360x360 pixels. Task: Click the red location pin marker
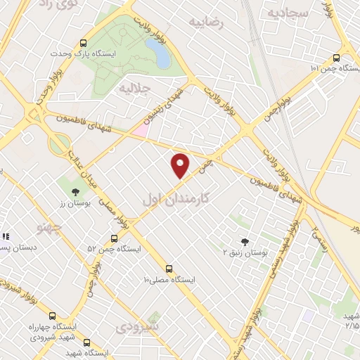coord(181,165)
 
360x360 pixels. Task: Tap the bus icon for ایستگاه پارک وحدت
coord(84,42)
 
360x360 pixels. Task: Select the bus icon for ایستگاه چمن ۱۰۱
coord(335,58)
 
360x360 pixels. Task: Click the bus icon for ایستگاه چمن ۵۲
coord(115,238)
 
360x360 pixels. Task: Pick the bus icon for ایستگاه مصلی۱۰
coord(169,268)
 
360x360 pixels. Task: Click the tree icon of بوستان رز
coord(75,192)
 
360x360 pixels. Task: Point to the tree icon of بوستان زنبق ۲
coord(245,241)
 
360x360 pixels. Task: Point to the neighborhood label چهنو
coord(49,229)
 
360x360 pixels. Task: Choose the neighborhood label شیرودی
coord(138,327)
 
